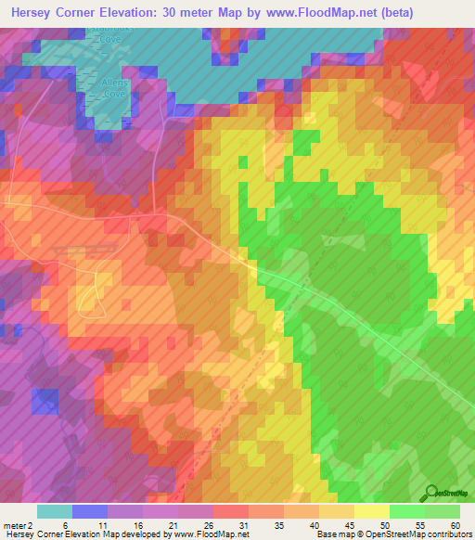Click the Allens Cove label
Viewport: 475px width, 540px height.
[114, 87]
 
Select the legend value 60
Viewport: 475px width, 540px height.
[455, 525]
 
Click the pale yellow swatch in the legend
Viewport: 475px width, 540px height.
[372, 511]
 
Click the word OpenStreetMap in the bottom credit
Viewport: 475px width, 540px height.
[391, 534]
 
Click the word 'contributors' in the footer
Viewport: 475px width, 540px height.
[446, 534]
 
